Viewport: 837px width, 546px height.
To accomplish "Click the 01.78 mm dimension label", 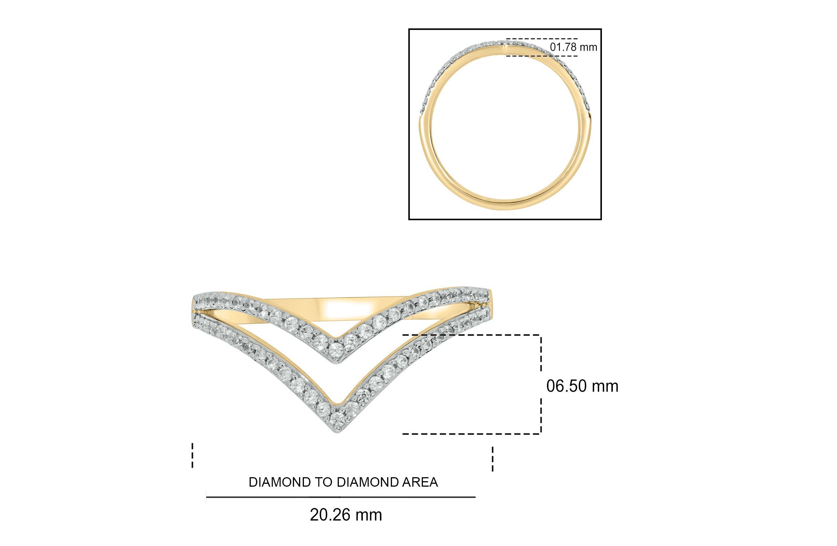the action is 573,47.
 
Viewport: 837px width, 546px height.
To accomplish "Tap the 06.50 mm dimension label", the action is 582,386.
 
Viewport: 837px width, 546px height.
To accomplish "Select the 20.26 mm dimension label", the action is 346,515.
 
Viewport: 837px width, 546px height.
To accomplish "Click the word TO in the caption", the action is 321,482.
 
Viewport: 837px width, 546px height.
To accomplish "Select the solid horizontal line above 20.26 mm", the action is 341,497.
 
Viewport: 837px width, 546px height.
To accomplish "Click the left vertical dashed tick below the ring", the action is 192,455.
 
